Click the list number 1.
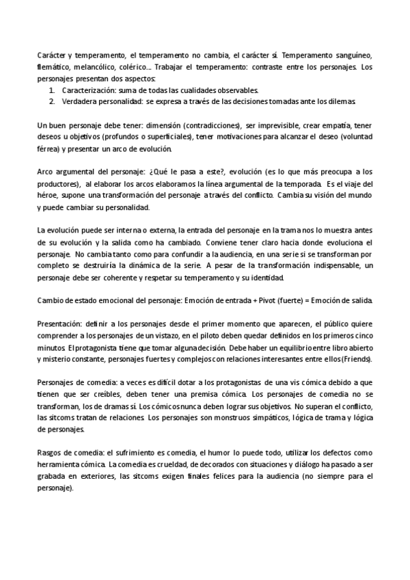tap(53, 90)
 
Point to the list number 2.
tap(53, 101)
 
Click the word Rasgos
tap(49, 453)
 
